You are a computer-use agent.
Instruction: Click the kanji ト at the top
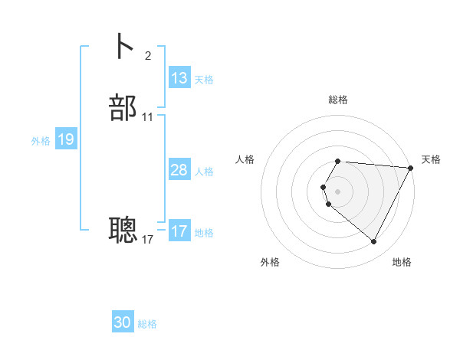coord(123,47)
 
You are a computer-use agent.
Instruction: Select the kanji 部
coord(123,108)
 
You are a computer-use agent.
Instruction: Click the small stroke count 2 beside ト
coord(147,55)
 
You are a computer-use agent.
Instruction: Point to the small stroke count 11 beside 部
coord(148,117)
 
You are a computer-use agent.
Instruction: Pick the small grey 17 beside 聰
coord(148,240)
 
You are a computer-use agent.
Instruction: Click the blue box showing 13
coord(179,78)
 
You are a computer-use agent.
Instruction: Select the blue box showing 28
coord(179,170)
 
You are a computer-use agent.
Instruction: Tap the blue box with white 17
coord(179,231)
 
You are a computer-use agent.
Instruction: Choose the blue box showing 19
coord(65,139)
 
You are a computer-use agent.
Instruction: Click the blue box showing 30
coord(123,322)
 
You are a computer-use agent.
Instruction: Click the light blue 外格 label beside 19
coord(41,141)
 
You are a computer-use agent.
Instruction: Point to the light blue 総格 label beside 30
coord(147,324)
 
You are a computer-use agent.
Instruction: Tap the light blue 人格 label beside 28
coord(204,172)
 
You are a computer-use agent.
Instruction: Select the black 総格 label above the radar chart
coord(338,100)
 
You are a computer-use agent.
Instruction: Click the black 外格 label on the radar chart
coord(270,263)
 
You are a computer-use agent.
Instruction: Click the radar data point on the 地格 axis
coord(373,241)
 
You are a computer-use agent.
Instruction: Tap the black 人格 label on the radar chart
coord(245,159)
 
